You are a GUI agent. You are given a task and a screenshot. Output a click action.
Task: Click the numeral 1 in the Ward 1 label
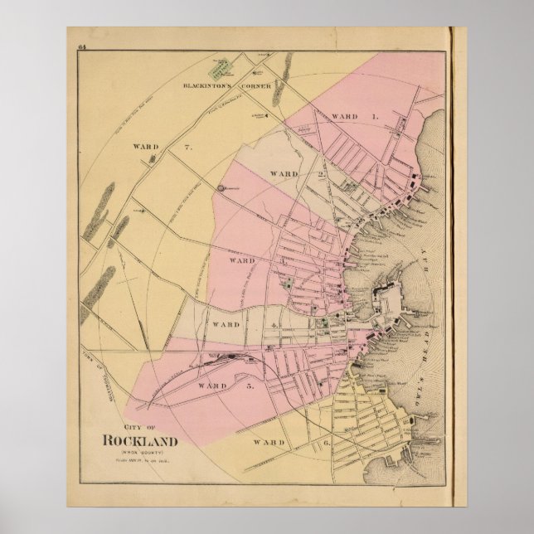376,116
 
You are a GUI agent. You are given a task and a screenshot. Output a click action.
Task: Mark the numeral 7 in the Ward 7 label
189,147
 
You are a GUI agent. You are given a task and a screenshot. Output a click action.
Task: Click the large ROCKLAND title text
138,439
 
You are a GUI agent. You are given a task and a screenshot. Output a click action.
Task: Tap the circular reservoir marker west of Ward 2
221,190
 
